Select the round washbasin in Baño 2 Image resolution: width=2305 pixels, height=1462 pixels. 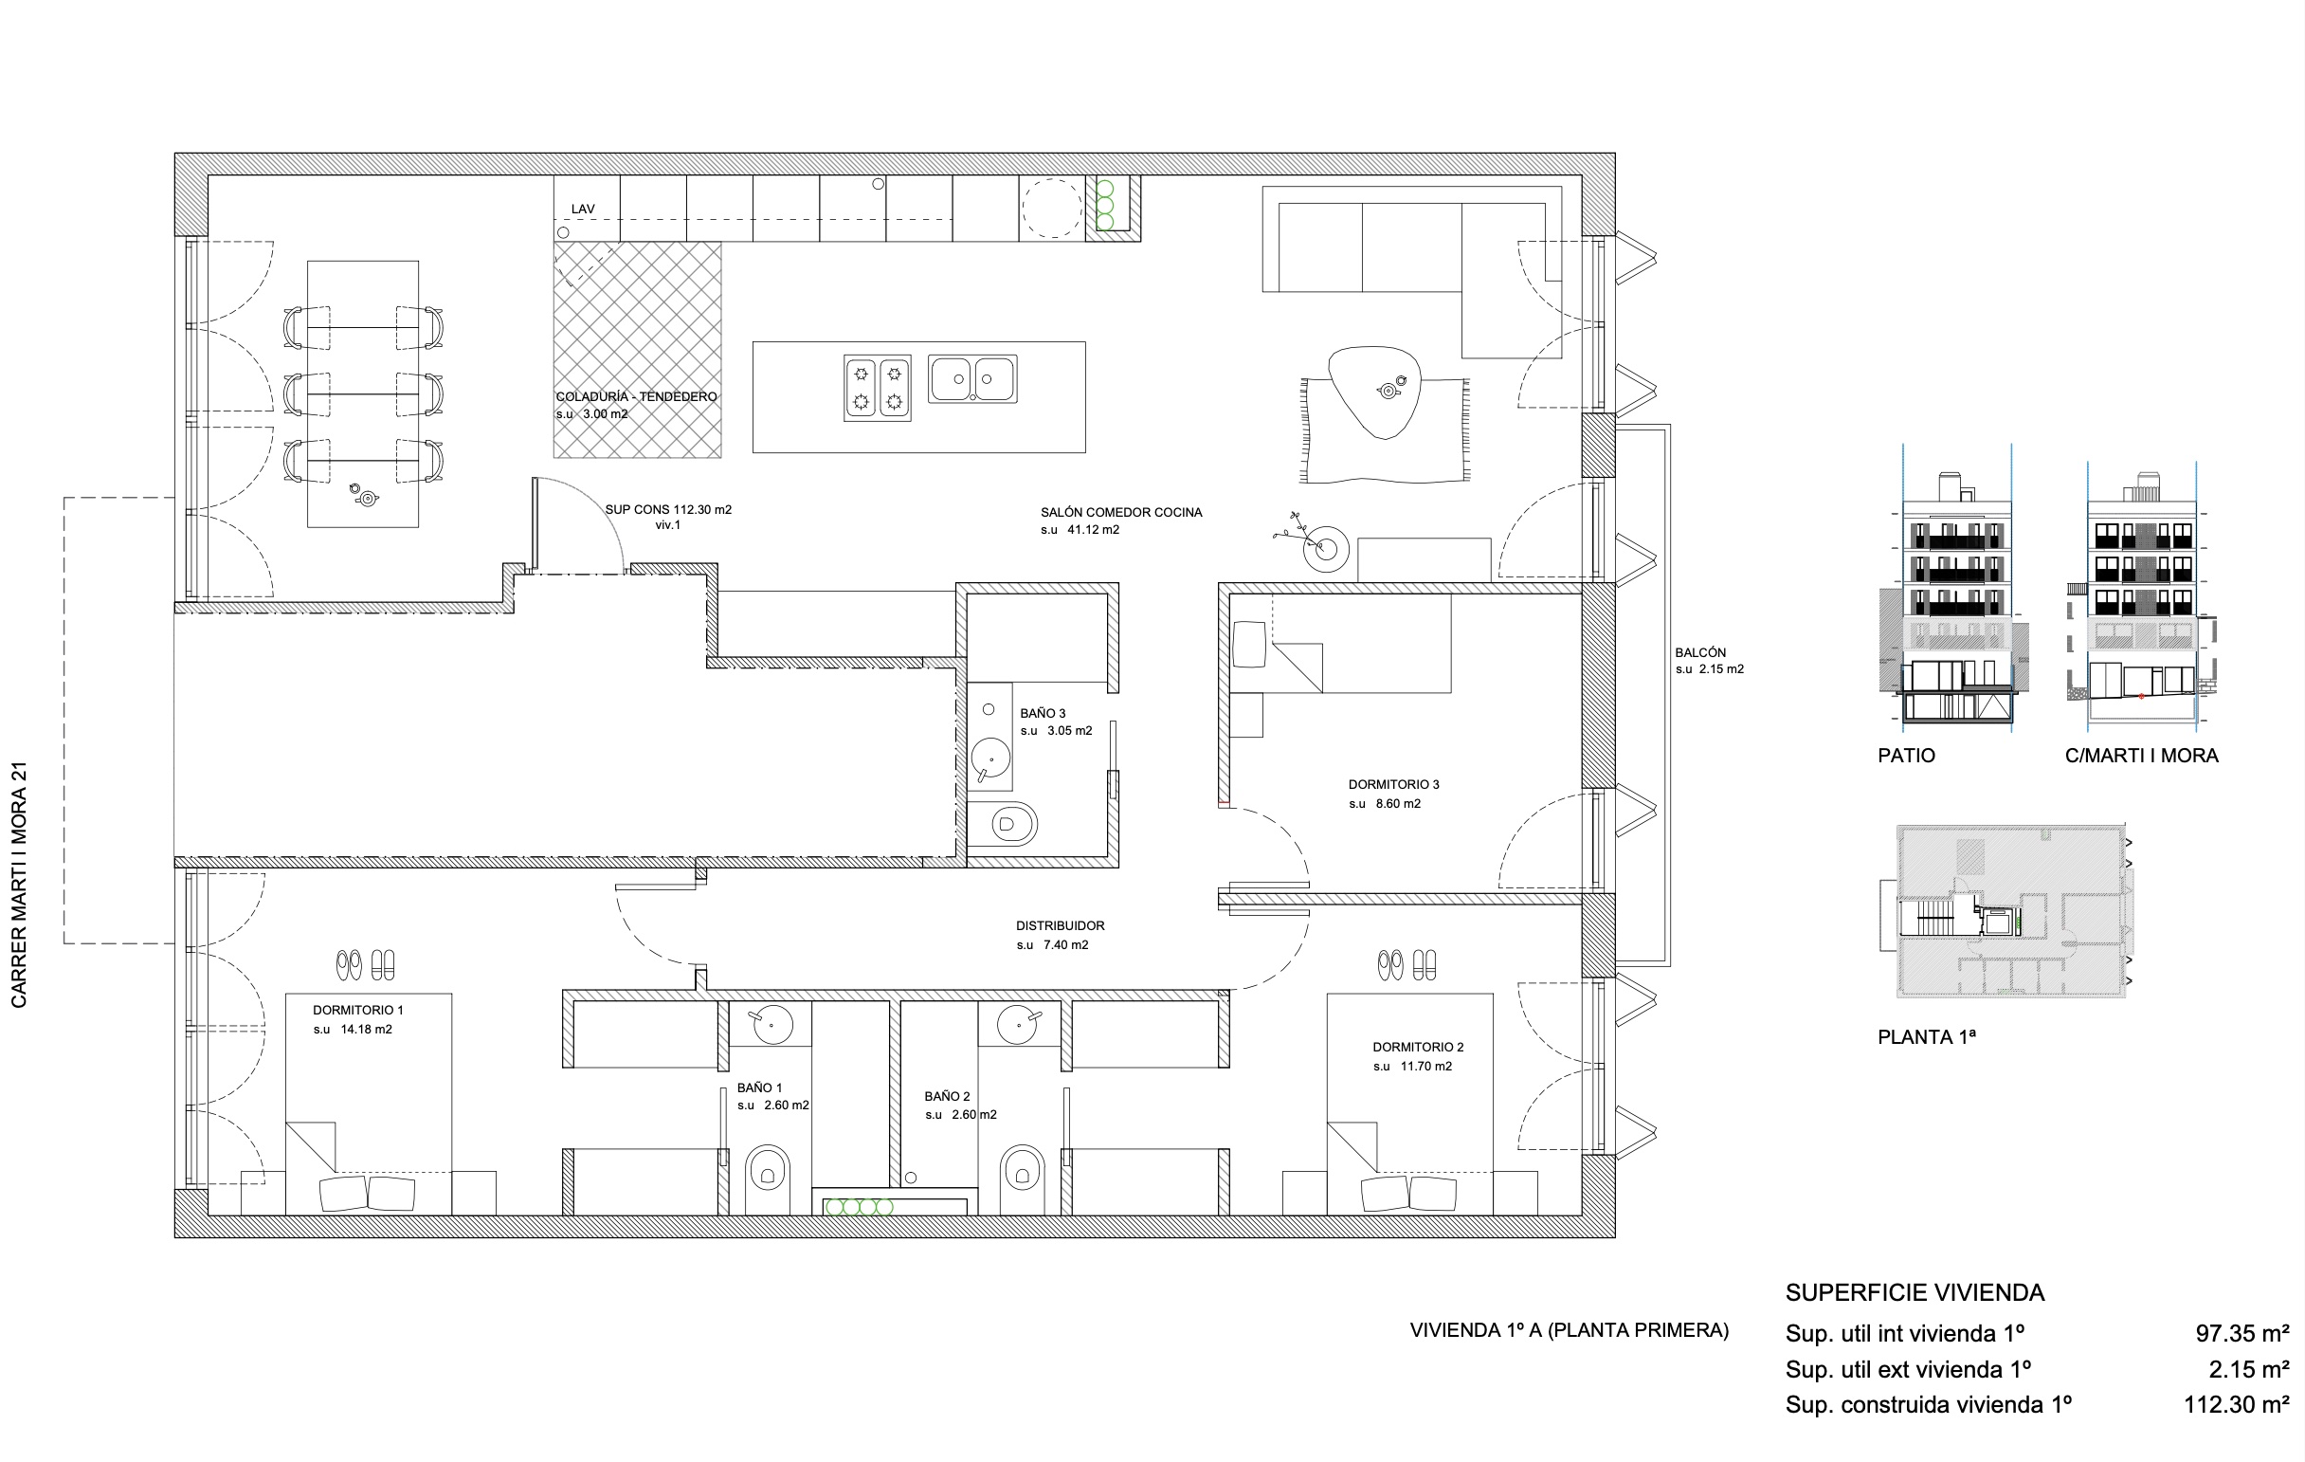(1018, 1024)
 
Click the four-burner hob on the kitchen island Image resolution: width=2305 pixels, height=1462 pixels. (877, 388)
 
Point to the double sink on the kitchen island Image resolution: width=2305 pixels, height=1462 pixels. (972, 379)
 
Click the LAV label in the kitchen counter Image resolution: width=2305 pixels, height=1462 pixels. (583, 209)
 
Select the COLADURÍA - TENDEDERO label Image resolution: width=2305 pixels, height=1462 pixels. (637, 396)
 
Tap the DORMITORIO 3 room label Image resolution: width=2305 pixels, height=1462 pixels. (1394, 784)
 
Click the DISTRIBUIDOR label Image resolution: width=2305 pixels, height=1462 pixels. (1061, 925)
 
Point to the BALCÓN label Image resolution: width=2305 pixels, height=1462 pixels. (1700, 652)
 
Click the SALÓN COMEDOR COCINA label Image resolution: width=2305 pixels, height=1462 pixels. (1122, 512)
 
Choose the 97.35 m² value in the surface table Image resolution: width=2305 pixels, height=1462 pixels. (2241, 1333)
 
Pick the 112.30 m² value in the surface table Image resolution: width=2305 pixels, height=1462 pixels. (2236, 1404)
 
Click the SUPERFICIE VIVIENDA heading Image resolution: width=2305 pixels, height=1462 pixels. (1915, 1292)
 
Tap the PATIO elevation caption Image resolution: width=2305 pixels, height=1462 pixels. (1907, 756)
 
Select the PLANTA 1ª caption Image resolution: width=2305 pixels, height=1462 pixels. (1927, 1037)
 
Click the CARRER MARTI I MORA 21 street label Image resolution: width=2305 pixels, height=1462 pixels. (19, 885)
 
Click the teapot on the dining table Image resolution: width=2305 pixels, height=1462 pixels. (366, 496)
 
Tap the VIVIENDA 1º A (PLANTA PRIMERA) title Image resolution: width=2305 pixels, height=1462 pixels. (1569, 1330)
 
